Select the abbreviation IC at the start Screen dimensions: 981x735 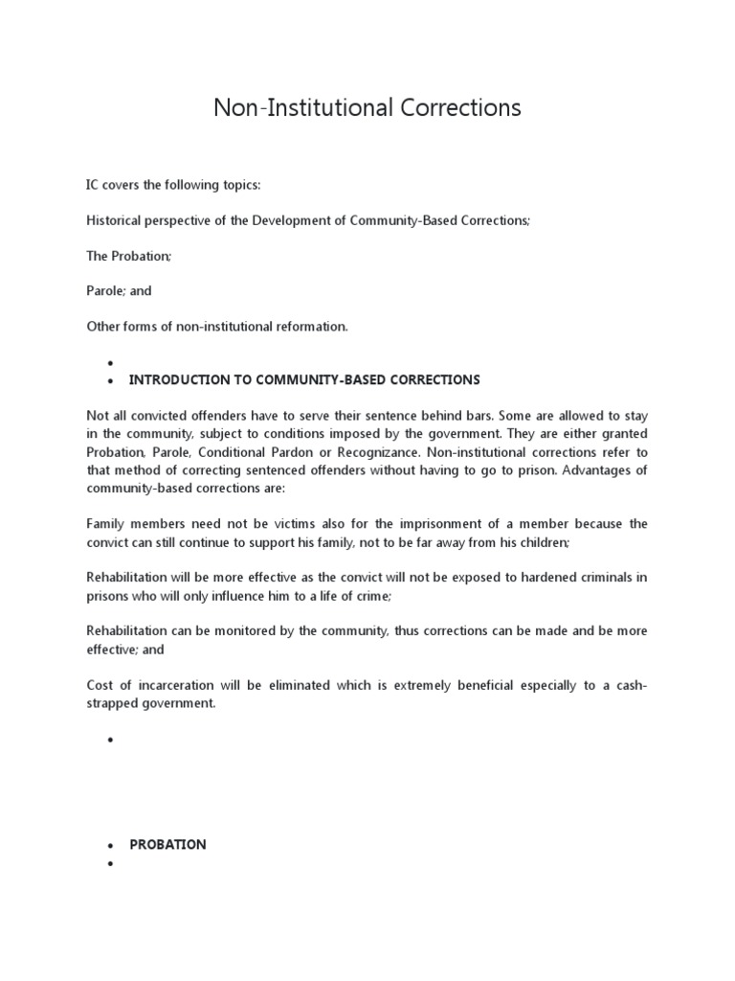click(x=94, y=184)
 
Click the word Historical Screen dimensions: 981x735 click(x=116, y=219)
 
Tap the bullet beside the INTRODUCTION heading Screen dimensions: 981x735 click(x=111, y=381)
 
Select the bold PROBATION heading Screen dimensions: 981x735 click(x=167, y=844)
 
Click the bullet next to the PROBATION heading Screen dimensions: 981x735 click(x=111, y=846)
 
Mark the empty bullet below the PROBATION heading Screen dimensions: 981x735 click(x=111, y=864)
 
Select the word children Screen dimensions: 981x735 click(x=539, y=541)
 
